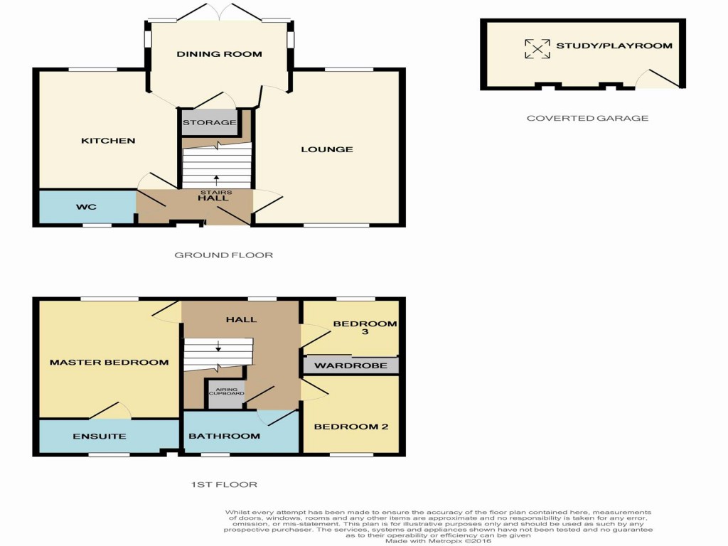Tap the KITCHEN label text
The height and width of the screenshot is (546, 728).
tap(108, 141)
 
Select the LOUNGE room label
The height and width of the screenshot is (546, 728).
tap(326, 149)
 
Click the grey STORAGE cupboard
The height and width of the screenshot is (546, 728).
tap(209, 122)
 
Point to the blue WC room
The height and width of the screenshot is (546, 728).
tap(86, 207)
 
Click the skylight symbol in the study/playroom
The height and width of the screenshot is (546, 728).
tap(537, 48)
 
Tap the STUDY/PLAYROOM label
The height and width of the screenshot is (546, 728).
tap(614, 46)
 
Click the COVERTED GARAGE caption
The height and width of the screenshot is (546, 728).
tap(587, 118)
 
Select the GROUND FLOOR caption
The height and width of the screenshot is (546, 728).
tap(223, 255)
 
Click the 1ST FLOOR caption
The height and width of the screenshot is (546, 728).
tap(223, 485)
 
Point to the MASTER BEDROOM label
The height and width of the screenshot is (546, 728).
tap(109, 363)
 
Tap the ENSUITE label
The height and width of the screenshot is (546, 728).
tap(100, 437)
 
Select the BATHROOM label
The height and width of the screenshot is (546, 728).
tap(224, 436)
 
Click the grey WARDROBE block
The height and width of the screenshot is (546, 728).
tap(350, 365)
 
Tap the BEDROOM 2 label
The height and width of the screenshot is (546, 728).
tap(351, 427)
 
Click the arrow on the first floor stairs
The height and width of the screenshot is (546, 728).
tap(218, 346)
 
